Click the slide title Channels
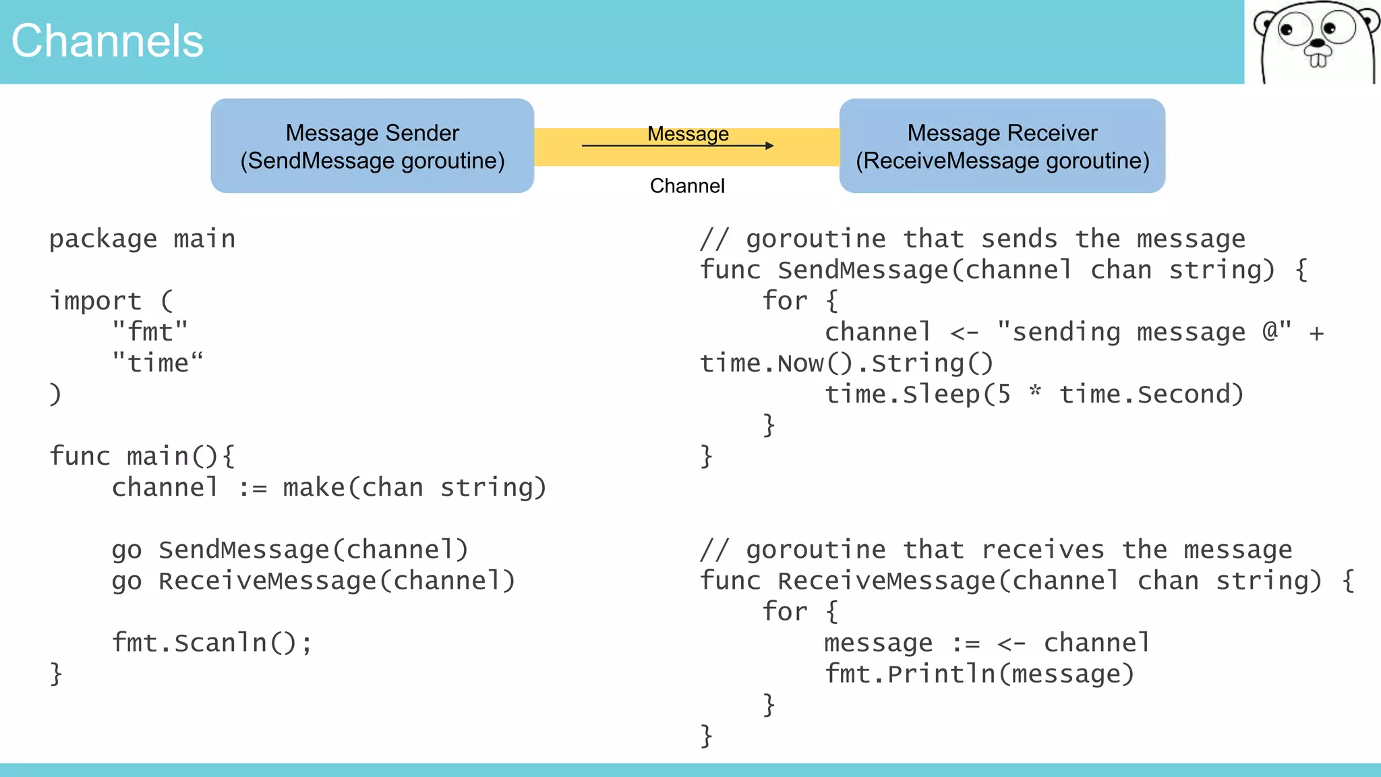[107, 41]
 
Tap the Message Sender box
[372, 146]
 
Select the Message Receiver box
[1002, 146]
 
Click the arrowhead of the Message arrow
[770, 145]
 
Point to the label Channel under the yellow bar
[687, 185]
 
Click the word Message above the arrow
[688, 134]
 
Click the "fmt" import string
[150, 332]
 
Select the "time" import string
[157, 364]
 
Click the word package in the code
[102, 239]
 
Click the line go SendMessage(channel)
[290, 550]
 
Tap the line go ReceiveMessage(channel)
[314, 581]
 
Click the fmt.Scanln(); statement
[212, 643]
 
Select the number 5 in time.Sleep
[1004, 395]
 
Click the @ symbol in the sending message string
[1270, 331]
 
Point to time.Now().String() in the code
[846, 364]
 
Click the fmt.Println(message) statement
[979, 674]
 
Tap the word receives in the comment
[1042, 550]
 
